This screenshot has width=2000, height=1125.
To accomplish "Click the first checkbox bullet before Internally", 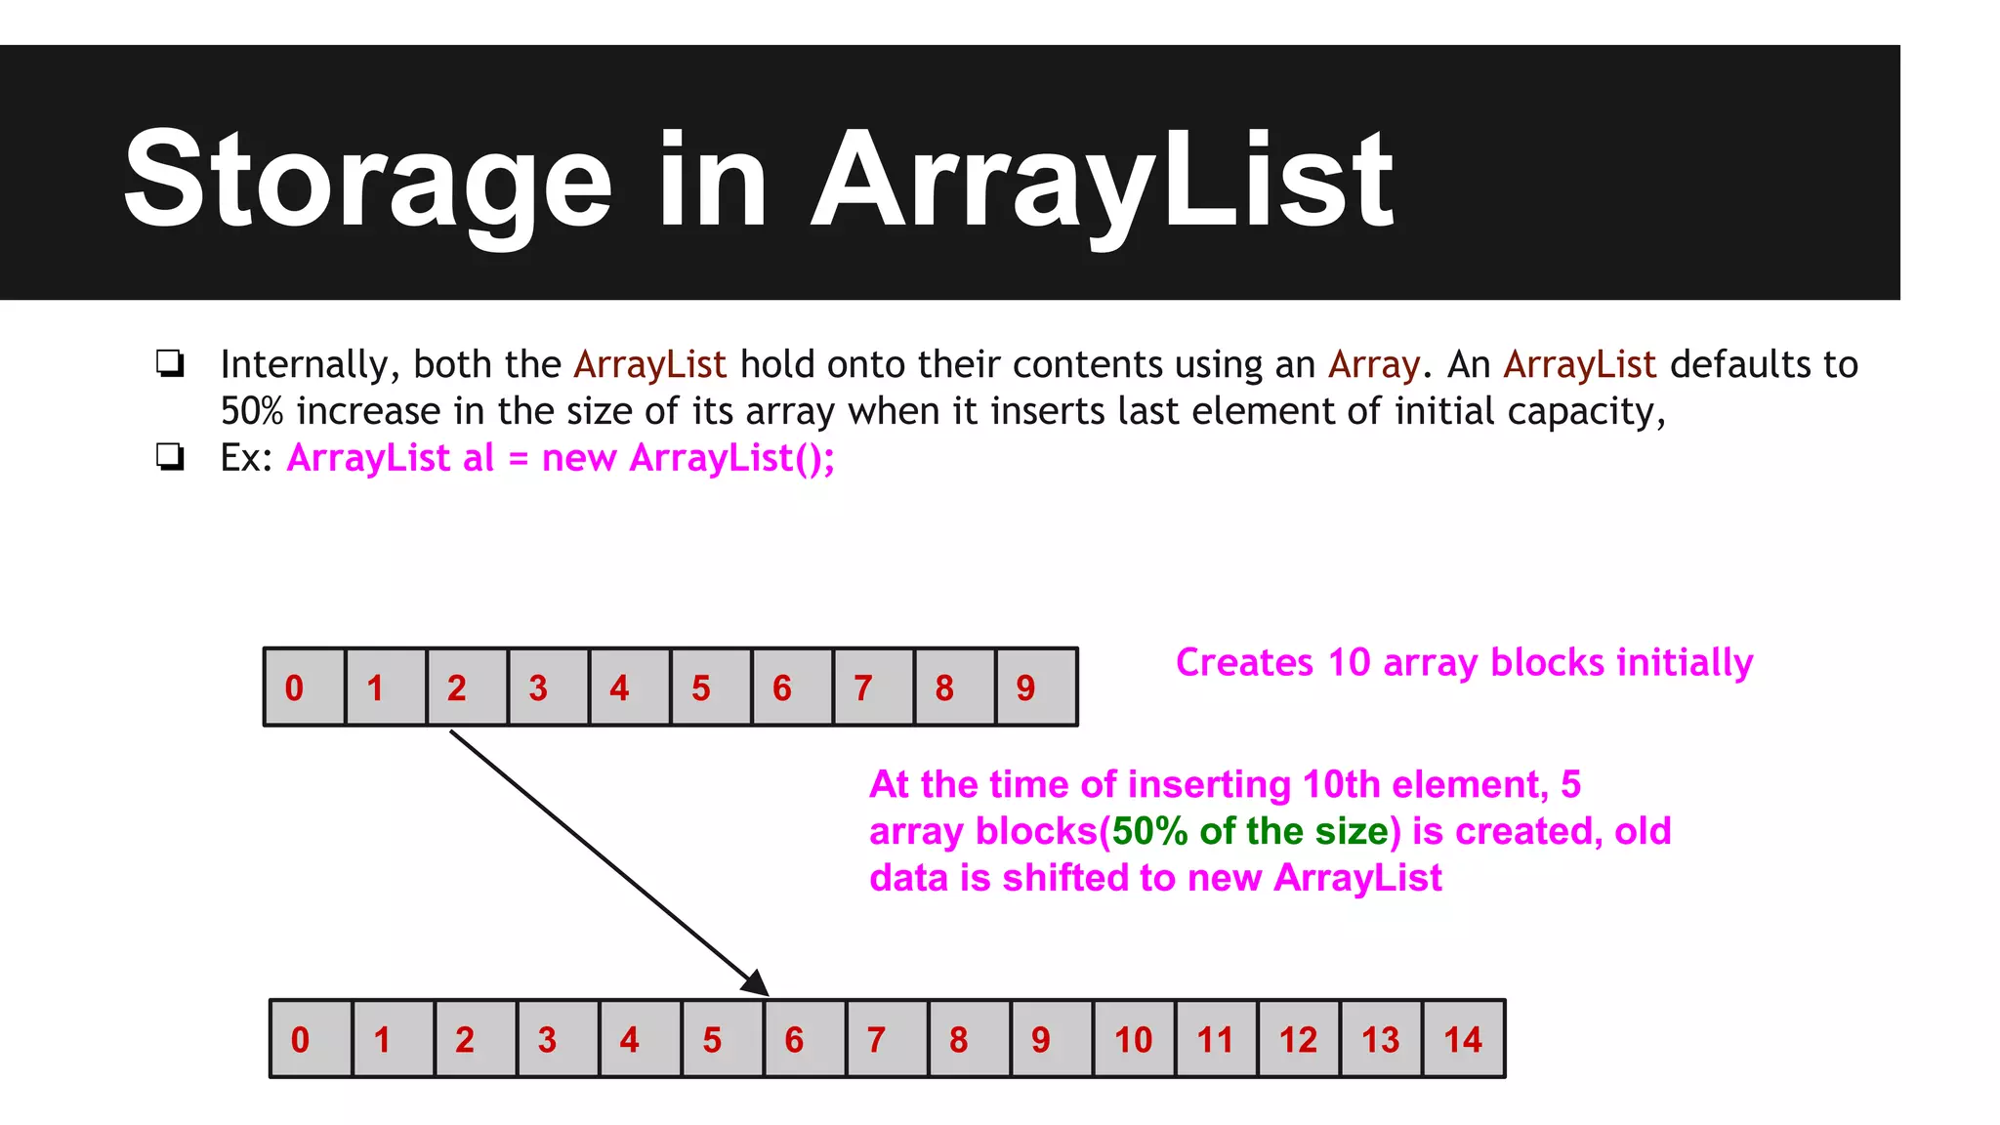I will click(170, 364).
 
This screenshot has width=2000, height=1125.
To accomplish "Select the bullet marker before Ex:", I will click(170, 457).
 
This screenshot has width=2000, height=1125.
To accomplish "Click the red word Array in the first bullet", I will click(1373, 364).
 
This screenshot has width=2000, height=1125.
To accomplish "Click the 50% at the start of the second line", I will click(251, 411).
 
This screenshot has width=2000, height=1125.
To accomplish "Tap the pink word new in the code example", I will click(578, 457).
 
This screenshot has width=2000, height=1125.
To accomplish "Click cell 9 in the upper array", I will click(1035, 687).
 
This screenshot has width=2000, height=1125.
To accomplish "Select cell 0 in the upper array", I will click(304, 687).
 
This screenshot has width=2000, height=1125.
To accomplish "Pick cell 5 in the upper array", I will click(710, 687).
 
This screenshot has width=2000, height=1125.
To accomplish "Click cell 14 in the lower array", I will click(1463, 1039).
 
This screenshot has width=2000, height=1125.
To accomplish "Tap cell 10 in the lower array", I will click(1134, 1039).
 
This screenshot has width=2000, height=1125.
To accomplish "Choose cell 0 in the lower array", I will click(310, 1039).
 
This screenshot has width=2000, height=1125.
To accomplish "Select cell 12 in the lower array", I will click(1298, 1039).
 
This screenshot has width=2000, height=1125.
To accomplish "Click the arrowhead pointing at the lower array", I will click(756, 983).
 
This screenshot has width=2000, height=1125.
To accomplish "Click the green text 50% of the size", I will click(1250, 831).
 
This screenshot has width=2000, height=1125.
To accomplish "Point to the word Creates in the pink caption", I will click(1244, 662).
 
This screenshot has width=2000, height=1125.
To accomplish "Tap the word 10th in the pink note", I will click(1342, 784).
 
